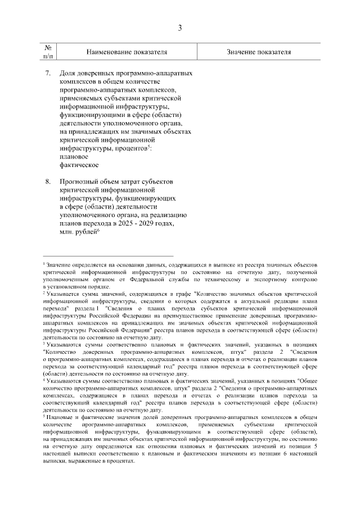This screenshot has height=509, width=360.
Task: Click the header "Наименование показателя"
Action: (x=127, y=52)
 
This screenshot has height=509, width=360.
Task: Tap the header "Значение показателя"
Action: (x=259, y=52)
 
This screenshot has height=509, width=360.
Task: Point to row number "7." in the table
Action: (x=48, y=74)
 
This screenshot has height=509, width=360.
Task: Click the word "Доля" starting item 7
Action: (x=68, y=74)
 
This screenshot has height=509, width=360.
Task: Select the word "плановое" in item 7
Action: (x=72, y=157)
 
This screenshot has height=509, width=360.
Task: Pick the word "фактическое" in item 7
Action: (x=79, y=165)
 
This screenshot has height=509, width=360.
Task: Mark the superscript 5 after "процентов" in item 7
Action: (x=148, y=147)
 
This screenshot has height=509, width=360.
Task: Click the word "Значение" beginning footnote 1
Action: (x=58, y=265)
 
